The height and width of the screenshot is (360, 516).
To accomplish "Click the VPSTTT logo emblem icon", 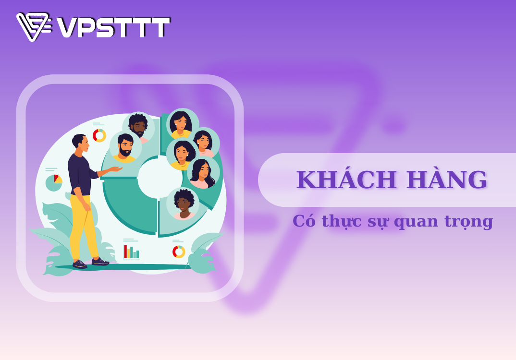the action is tap(34, 26).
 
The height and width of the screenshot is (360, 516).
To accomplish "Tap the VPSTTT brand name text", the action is tap(113, 27).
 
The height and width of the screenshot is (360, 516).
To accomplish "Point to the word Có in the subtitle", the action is tap(304, 221).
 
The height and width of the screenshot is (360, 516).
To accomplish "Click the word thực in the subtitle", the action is tap(342, 221).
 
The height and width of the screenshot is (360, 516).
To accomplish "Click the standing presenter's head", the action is tap(80, 143).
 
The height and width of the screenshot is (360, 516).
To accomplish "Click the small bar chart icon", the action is tap(131, 252).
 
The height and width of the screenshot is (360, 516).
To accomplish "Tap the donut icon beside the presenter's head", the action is tap(99, 135).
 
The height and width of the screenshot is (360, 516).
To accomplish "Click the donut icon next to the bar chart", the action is tap(179, 252).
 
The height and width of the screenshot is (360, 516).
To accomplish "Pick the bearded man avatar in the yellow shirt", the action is tap(125, 147).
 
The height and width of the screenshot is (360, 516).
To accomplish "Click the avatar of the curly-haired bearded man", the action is tap(138, 128).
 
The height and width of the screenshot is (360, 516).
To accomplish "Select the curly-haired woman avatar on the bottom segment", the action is tap(183, 204).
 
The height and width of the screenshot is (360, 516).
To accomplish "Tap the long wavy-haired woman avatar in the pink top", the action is tap(203, 173).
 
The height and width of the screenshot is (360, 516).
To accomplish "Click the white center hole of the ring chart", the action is tap(160, 178).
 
